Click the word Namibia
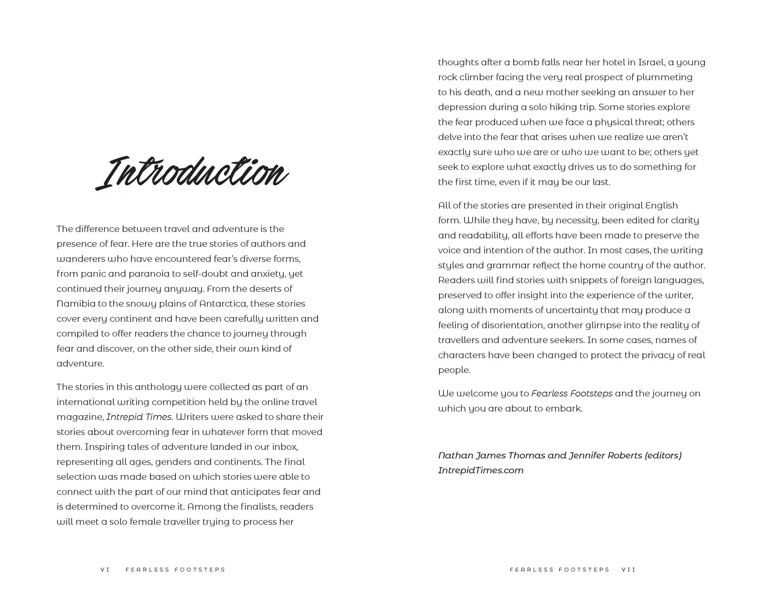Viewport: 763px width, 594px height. tap(76, 304)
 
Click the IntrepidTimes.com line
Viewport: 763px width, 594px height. tap(480, 471)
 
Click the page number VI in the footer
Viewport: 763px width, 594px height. tap(105, 570)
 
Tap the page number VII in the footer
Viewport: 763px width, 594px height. tap(628, 570)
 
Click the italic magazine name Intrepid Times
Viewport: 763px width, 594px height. tap(139, 417)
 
